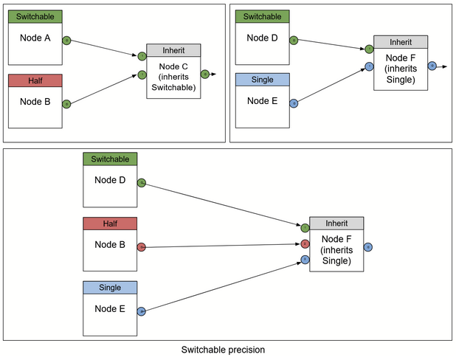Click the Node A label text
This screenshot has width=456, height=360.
pyautogui.click(x=35, y=38)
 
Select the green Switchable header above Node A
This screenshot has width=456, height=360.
pyautogui.click(x=35, y=15)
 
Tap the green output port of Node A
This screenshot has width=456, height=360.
pyautogui.click(x=66, y=41)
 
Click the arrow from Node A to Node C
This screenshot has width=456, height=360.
pyautogui.click(x=103, y=48)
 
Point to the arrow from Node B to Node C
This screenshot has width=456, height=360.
pyautogui.click(x=103, y=89)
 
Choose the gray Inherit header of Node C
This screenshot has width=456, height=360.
pyautogui.click(x=173, y=50)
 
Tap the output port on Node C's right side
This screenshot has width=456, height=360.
pyautogui.click(x=205, y=73)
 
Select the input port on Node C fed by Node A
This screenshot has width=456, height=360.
pyautogui.click(x=142, y=56)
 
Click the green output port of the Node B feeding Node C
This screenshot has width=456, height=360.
pyautogui.click(x=66, y=104)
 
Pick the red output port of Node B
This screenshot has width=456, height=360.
pyautogui.click(x=142, y=246)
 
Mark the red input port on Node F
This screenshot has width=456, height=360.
pyautogui.click(x=305, y=243)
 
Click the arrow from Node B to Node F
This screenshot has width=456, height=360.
pyautogui.click(x=221, y=245)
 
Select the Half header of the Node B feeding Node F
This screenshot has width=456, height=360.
pyautogui.click(x=110, y=224)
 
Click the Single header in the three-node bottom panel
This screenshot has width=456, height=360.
pyautogui.click(x=110, y=287)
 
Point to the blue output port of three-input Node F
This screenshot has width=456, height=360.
pyautogui.click(x=367, y=246)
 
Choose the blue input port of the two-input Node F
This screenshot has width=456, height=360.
pyautogui.click(x=369, y=67)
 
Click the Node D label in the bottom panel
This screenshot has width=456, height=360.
pyautogui.click(x=110, y=179)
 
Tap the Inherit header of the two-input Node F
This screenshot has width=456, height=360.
pyautogui.click(x=401, y=41)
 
